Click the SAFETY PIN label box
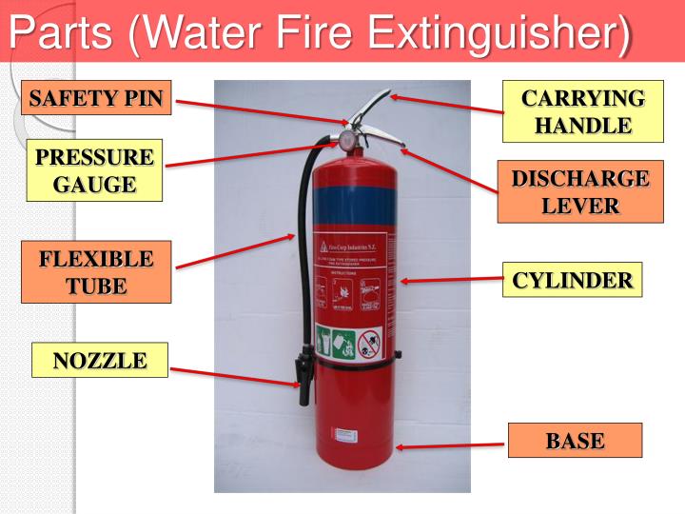(x=96, y=98)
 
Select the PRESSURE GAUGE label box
(x=94, y=170)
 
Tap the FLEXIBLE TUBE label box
(x=96, y=272)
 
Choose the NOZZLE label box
(x=100, y=360)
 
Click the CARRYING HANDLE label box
(x=583, y=111)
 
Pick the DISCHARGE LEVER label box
(x=580, y=192)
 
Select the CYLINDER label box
(x=573, y=280)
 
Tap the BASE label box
(x=575, y=441)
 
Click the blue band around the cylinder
(x=352, y=208)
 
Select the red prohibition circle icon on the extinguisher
(x=369, y=340)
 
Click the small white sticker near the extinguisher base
(x=344, y=433)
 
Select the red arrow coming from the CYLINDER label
(x=452, y=280)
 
